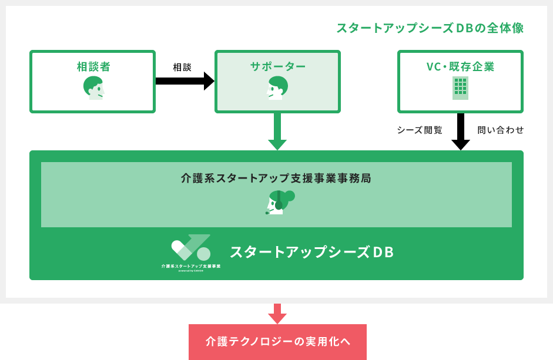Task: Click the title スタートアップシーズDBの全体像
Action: tap(430, 28)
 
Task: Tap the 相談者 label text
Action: tap(93, 66)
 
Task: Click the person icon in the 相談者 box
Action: tap(93, 88)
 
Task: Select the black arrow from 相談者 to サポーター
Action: tap(185, 81)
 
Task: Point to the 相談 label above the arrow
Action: tap(182, 67)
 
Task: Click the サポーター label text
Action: tap(277, 66)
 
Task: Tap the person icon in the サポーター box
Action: tap(277, 88)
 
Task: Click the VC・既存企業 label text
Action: tap(460, 66)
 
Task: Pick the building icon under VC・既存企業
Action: tap(460, 88)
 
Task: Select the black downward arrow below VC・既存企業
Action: tap(461, 132)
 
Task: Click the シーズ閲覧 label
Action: tap(420, 130)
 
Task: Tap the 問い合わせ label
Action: tap(500, 130)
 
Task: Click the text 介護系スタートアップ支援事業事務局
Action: tap(276, 177)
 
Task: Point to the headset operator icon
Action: tap(279, 201)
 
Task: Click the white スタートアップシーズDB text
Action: tap(311, 252)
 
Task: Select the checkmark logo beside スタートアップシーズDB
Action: tap(191, 248)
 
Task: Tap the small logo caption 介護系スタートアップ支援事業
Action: tap(191, 266)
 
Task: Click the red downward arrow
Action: tap(277, 314)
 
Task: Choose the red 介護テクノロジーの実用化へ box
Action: tap(277, 342)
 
